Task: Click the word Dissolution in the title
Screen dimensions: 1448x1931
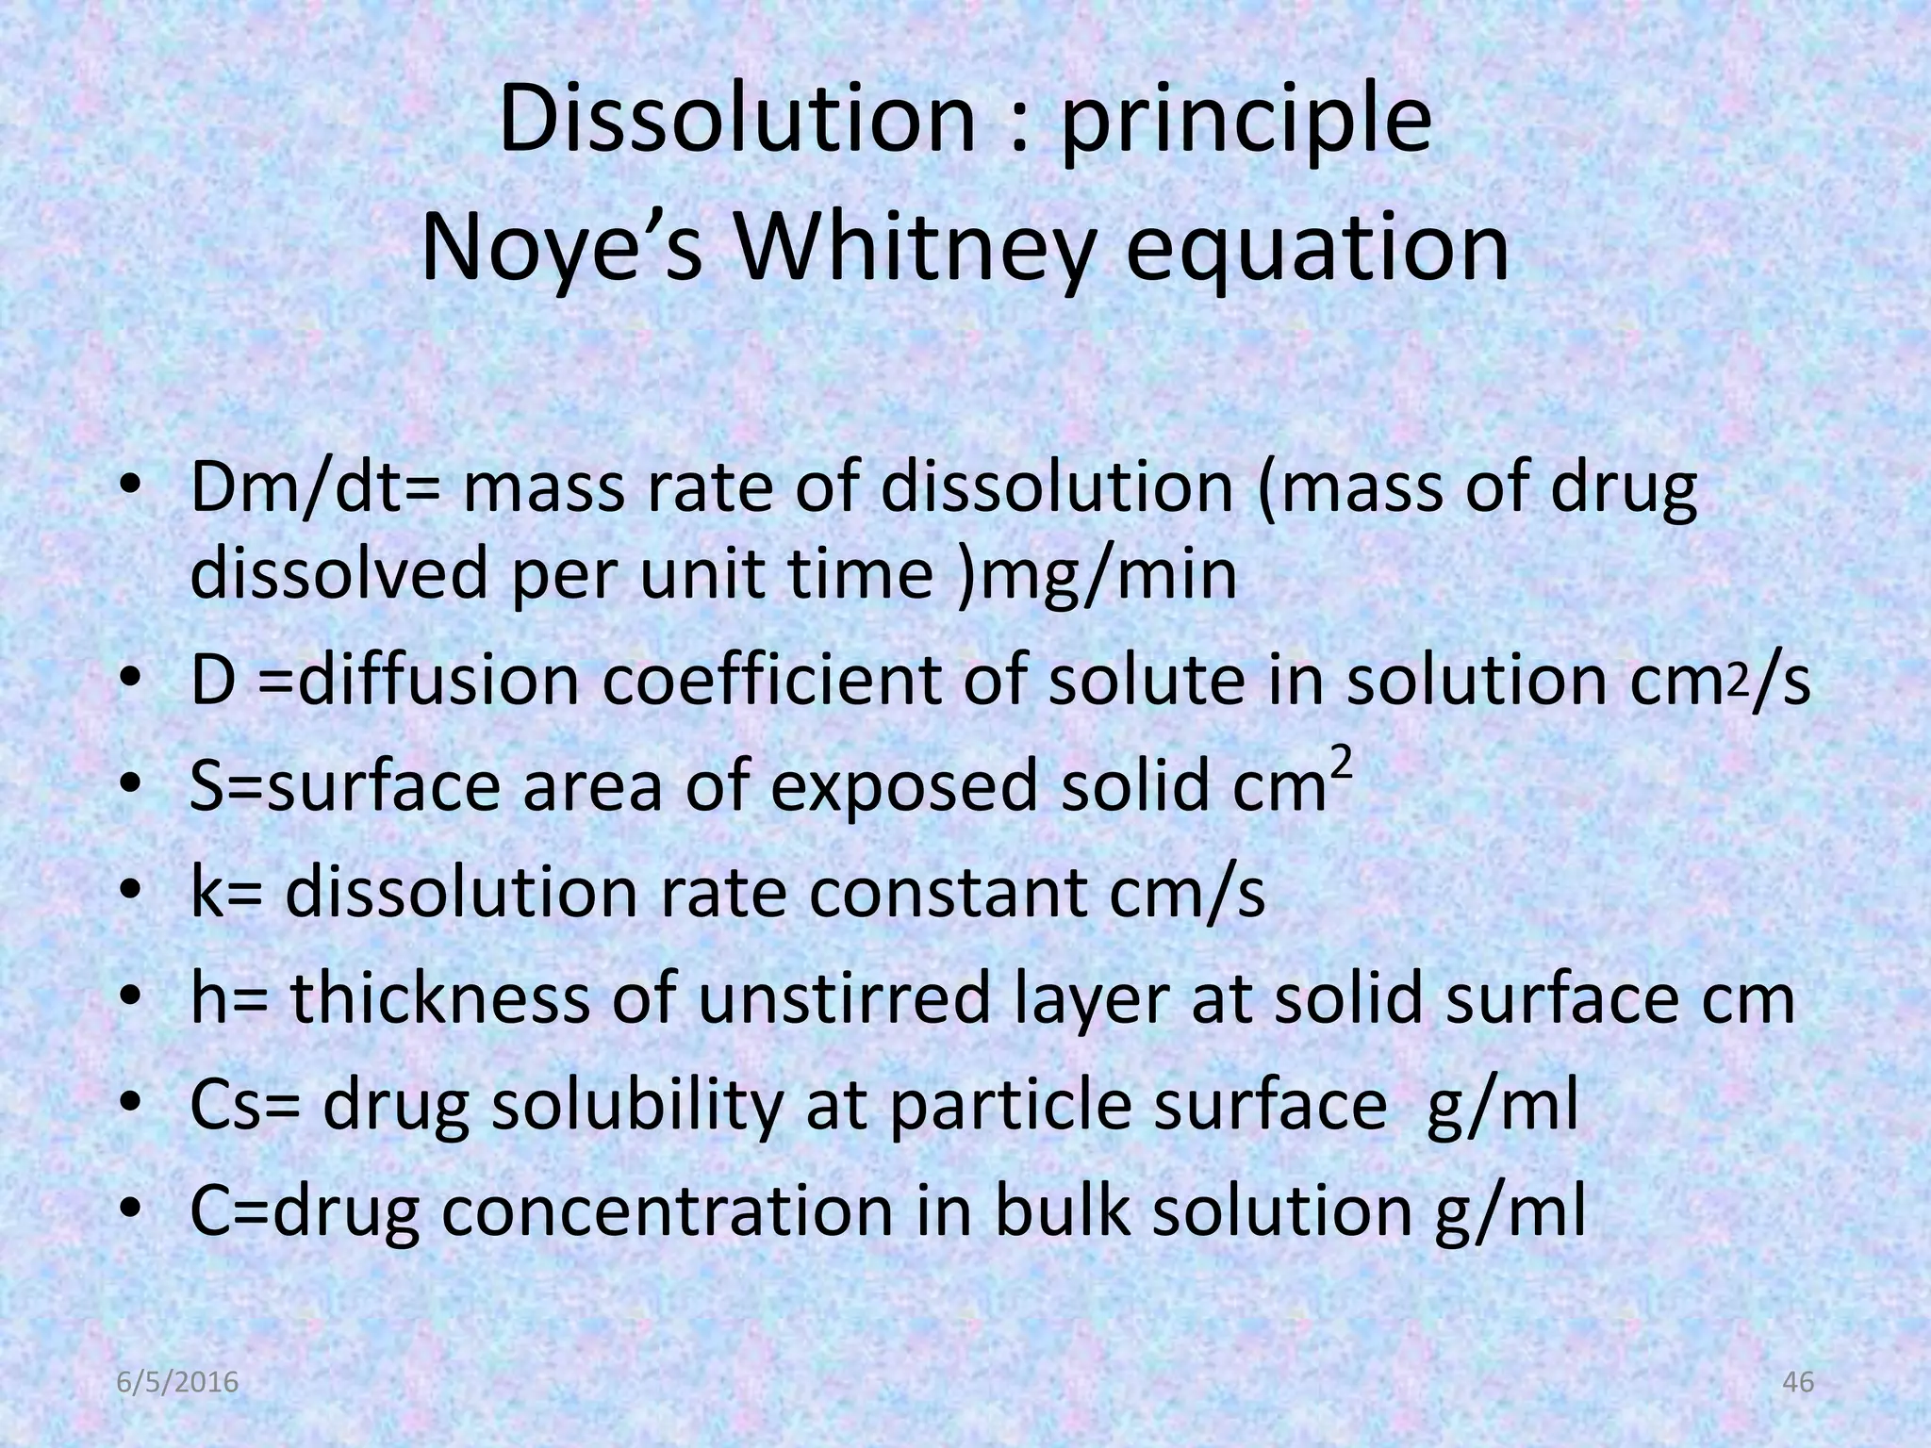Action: (x=735, y=121)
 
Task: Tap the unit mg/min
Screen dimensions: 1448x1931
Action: (x=1109, y=574)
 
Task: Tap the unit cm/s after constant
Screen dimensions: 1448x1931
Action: (x=1187, y=893)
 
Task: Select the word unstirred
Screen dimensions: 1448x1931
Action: (x=844, y=999)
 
